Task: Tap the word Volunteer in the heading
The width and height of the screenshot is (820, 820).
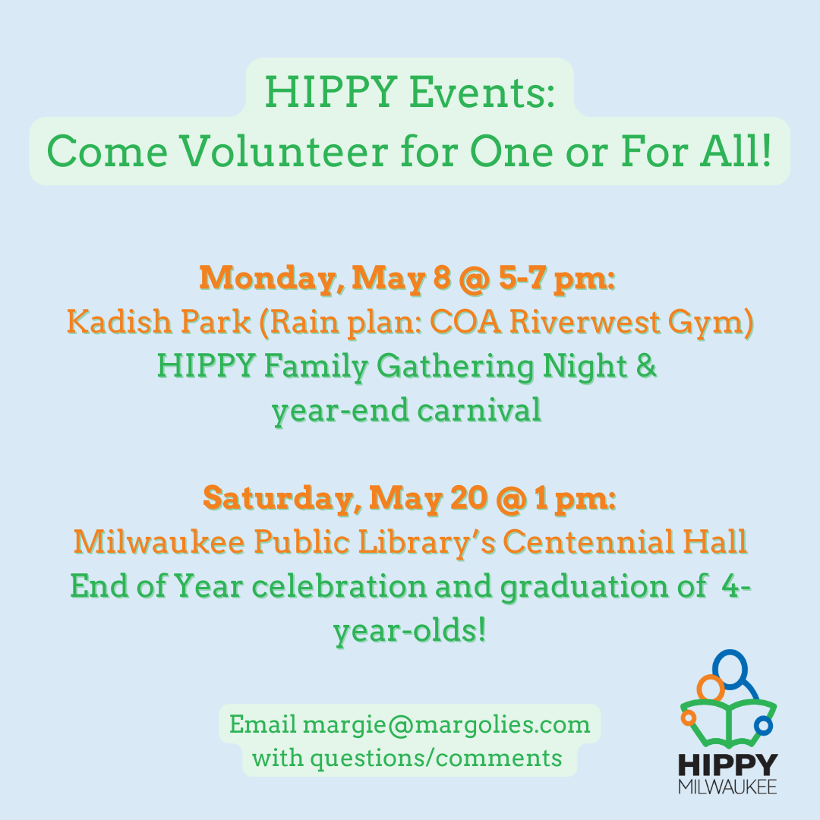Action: (x=285, y=152)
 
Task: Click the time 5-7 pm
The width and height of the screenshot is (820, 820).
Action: (x=557, y=278)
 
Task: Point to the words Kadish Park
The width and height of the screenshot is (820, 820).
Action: (x=159, y=321)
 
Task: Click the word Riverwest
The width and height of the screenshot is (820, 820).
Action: (x=584, y=321)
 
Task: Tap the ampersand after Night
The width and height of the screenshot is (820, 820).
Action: (x=646, y=365)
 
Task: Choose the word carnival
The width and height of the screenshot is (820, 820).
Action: (x=479, y=409)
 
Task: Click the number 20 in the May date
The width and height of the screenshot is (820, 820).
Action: (x=468, y=498)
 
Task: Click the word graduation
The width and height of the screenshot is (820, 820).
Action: (x=584, y=587)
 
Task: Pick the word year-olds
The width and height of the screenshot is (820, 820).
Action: (x=410, y=631)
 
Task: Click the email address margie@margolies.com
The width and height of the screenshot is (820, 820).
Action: (x=446, y=725)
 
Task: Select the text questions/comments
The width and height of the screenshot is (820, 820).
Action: (x=436, y=758)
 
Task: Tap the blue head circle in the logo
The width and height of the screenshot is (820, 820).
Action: (x=730, y=670)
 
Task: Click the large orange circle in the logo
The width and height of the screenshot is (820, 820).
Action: (x=711, y=688)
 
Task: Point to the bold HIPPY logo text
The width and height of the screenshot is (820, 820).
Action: (x=728, y=765)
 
